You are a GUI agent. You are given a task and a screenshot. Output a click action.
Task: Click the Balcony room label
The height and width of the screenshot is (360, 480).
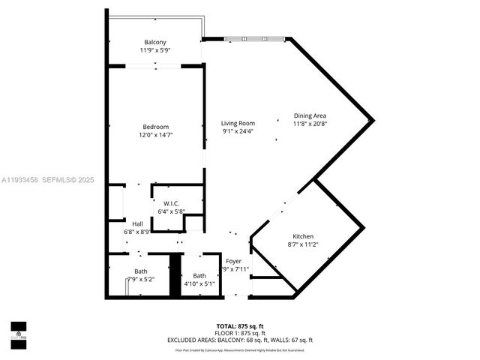(154, 41)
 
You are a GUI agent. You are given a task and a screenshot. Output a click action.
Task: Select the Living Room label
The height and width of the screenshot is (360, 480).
(238, 123)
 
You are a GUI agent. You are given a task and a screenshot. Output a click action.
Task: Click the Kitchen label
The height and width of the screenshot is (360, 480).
(303, 236)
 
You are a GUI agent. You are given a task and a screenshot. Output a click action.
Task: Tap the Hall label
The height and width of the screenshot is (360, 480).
(137, 223)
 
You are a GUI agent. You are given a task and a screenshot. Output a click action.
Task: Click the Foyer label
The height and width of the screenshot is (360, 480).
(234, 261)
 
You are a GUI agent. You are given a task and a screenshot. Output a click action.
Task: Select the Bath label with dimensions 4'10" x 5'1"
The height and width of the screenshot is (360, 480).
(199, 275)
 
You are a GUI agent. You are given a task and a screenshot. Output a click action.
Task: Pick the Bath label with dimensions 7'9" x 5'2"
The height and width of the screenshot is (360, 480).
(141, 271)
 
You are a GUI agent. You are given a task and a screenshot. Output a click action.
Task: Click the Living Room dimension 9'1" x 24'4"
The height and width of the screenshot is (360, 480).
(238, 131)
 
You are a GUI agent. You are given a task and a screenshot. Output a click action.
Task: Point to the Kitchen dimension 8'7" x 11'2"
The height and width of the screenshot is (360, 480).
(303, 244)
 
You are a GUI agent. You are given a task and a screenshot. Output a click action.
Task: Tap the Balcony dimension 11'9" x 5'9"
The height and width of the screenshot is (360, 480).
(154, 50)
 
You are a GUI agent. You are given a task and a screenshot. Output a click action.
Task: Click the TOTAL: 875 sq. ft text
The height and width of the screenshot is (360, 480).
(239, 326)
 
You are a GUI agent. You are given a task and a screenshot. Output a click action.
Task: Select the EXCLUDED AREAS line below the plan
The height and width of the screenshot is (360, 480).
(239, 340)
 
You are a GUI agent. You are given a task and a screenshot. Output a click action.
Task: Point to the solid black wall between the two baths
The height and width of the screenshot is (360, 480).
(175, 276)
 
